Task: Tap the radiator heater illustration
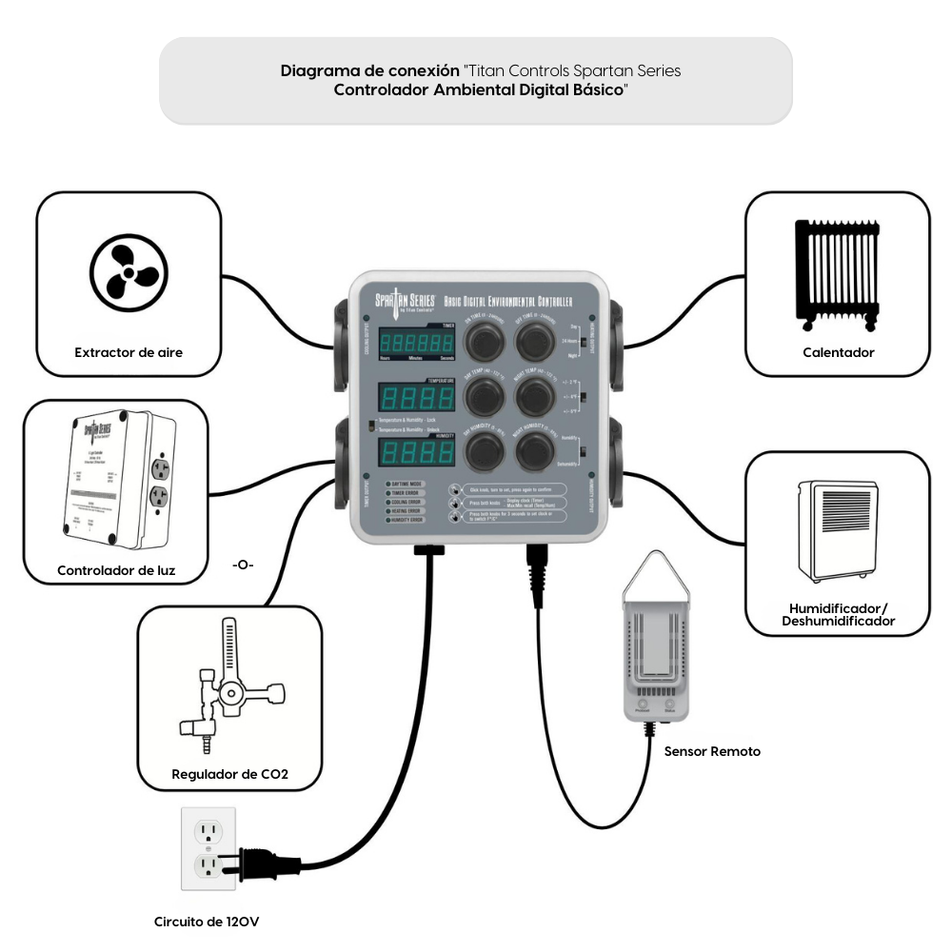click(x=837, y=275)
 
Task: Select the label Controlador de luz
click(x=116, y=571)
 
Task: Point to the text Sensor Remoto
click(x=712, y=751)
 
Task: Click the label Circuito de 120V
click(x=208, y=922)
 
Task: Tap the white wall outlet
click(x=208, y=849)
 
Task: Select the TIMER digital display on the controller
click(x=415, y=341)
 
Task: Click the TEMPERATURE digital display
click(x=415, y=397)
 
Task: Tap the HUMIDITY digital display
click(x=415, y=451)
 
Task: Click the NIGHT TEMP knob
click(x=535, y=392)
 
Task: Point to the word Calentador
click(x=838, y=352)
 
